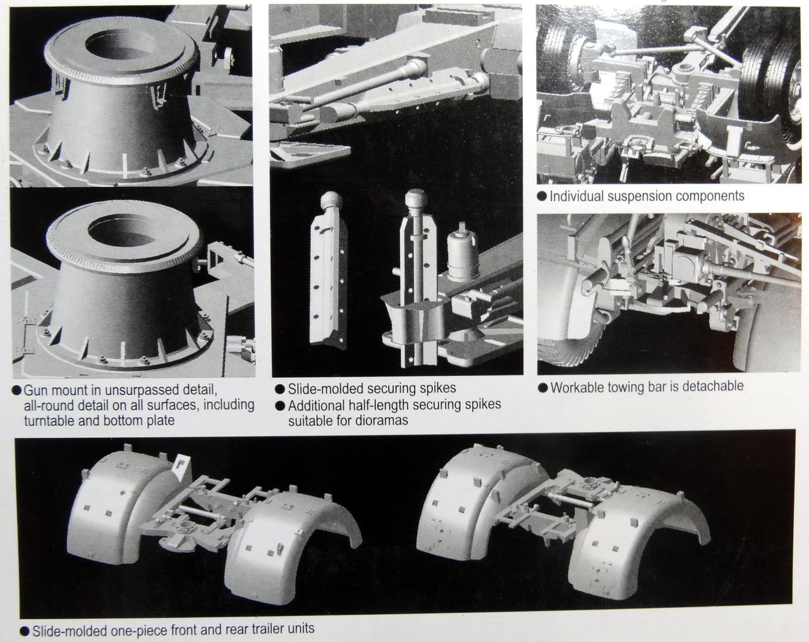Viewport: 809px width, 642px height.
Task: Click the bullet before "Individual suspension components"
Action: pyautogui.click(x=542, y=196)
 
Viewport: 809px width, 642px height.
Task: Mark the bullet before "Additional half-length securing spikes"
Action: pyautogui.click(x=280, y=406)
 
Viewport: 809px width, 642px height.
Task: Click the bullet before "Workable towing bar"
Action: pyautogui.click(x=542, y=387)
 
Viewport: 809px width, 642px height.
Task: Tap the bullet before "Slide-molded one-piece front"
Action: pyautogui.click(x=25, y=631)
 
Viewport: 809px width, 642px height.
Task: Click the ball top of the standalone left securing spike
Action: pyautogui.click(x=331, y=201)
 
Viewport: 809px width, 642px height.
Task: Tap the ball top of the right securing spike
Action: pyautogui.click(x=416, y=198)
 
